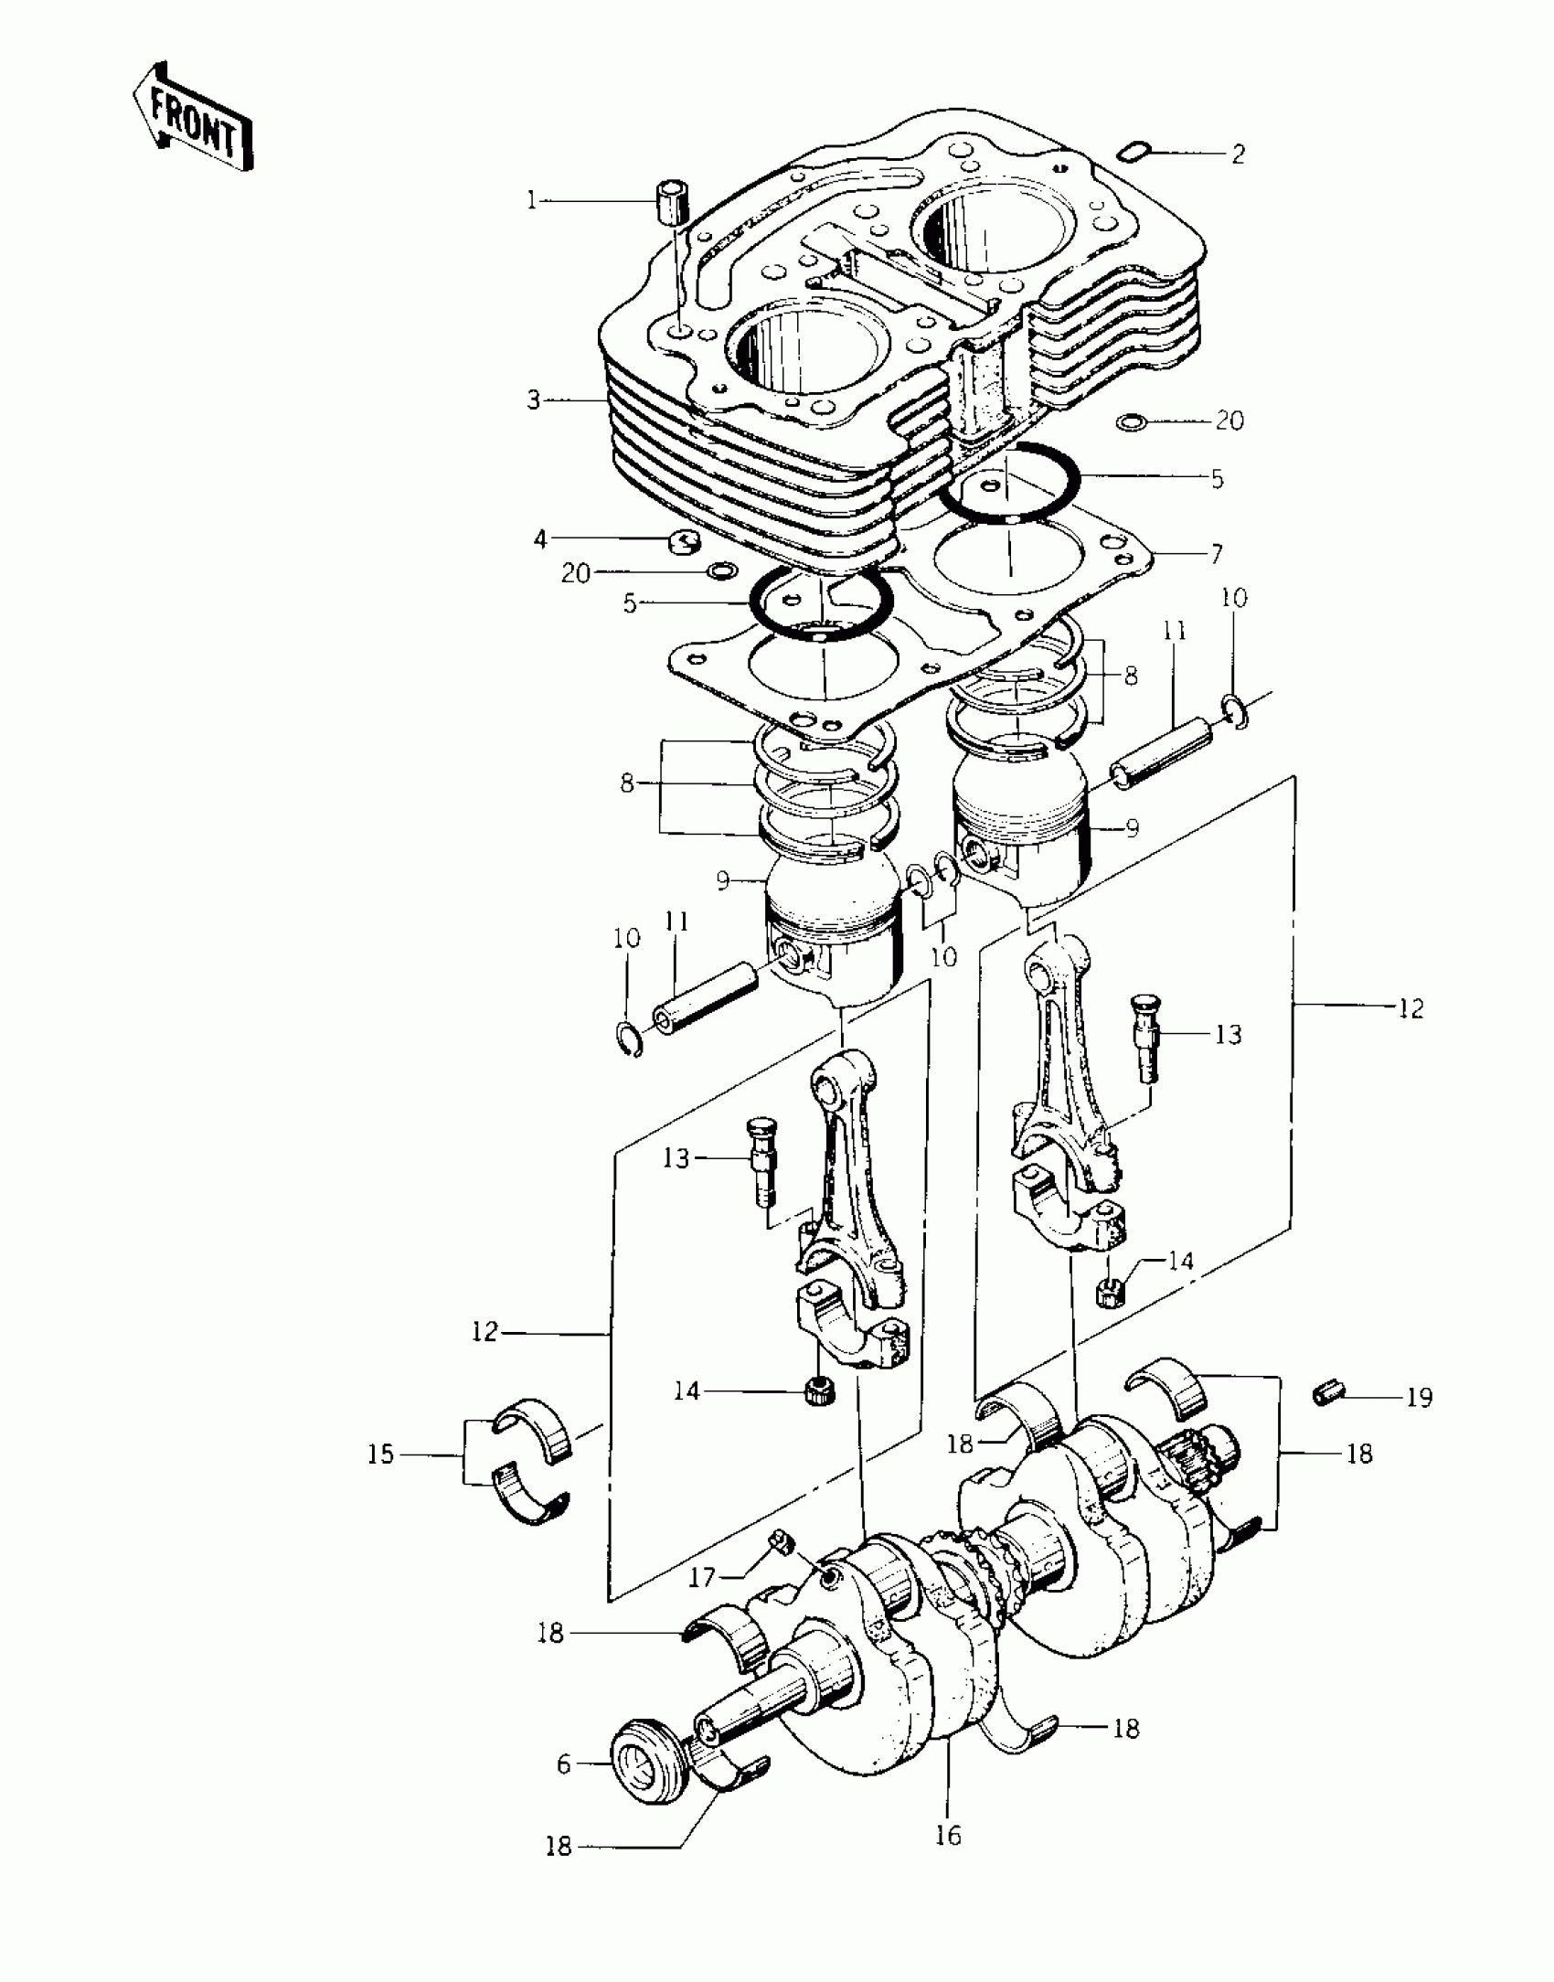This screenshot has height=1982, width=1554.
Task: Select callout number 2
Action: pos(1237,154)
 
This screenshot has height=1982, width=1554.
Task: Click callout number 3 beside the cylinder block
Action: pos(534,400)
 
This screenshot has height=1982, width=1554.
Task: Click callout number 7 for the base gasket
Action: pos(1217,554)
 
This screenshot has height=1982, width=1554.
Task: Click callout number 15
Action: pos(381,1454)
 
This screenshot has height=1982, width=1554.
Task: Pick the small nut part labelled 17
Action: pos(780,1543)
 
